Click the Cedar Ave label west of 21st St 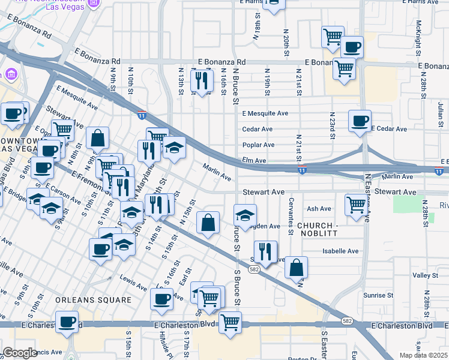[x=258, y=129]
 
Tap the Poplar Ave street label [x=258, y=145]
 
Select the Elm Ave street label [x=254, y=161]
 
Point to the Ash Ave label [x=319, y=209]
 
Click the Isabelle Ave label [x=340, y=251]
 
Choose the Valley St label [x=425, y=275]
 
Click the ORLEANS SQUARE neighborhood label [x=93, y=299]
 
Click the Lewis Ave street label [x=133, y=280]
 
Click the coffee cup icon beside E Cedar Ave [x=360, y=121]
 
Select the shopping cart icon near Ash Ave [x=357, y=205]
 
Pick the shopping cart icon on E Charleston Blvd [x=230, y=322]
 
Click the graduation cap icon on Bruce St [x=245, y=214]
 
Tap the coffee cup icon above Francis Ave [x=67, y=321]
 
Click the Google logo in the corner [x=20, y=353]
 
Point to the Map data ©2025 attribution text [x=423, y=355]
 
